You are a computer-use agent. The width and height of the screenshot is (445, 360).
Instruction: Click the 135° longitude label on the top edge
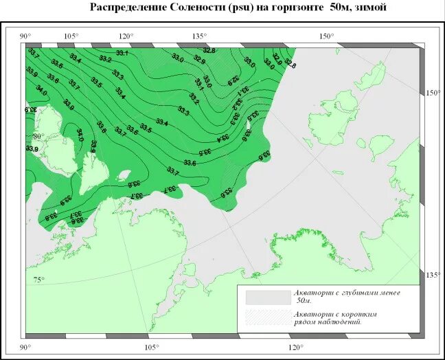200,36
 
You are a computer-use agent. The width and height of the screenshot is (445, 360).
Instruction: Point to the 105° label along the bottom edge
152,347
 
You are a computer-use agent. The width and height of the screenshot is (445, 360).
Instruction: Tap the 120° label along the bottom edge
295,347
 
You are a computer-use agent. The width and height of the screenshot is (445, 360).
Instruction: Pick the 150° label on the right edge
433,93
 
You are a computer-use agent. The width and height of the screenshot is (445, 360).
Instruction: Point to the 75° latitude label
38,280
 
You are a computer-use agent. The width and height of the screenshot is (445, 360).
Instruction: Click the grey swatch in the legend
268,297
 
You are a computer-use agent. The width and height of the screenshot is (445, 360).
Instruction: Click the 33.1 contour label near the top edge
122,53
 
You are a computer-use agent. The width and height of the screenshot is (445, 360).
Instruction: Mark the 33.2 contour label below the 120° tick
105,60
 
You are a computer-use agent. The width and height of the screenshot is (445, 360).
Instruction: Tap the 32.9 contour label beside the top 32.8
199,60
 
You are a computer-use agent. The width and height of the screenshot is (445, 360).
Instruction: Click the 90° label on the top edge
26,36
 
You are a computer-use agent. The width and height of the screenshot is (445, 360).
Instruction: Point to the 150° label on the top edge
326,36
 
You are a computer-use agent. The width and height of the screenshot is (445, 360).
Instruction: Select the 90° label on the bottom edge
26,347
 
